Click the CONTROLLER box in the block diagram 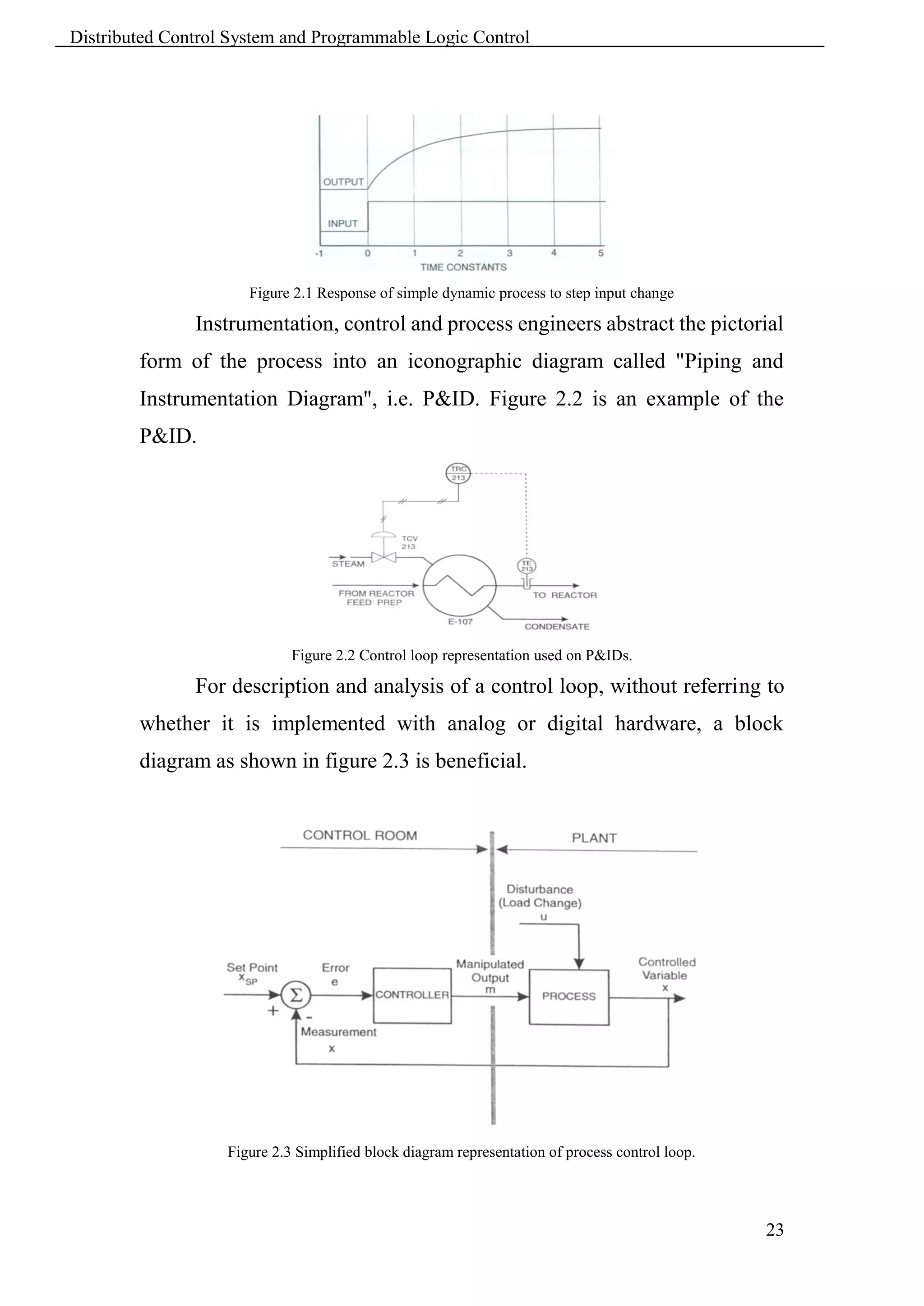coord(412,995)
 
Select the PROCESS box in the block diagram coord(568,997)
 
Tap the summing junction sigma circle coord(296,995)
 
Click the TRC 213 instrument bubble coord(458,473)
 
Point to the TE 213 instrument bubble coord(527,566)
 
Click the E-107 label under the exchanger coord(460,622)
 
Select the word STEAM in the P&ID coord(348,564)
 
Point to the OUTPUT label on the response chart coord(343,182)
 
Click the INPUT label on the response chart coord(342,224)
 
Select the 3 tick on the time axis coord(509,253)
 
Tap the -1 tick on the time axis coord(319,253)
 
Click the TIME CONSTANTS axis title coord(463,267)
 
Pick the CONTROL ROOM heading coord(360,835)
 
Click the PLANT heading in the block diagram coord(594,838)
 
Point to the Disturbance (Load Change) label coord(540,896)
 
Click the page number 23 coord(774,1230)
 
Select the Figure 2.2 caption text coord(462,655)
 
